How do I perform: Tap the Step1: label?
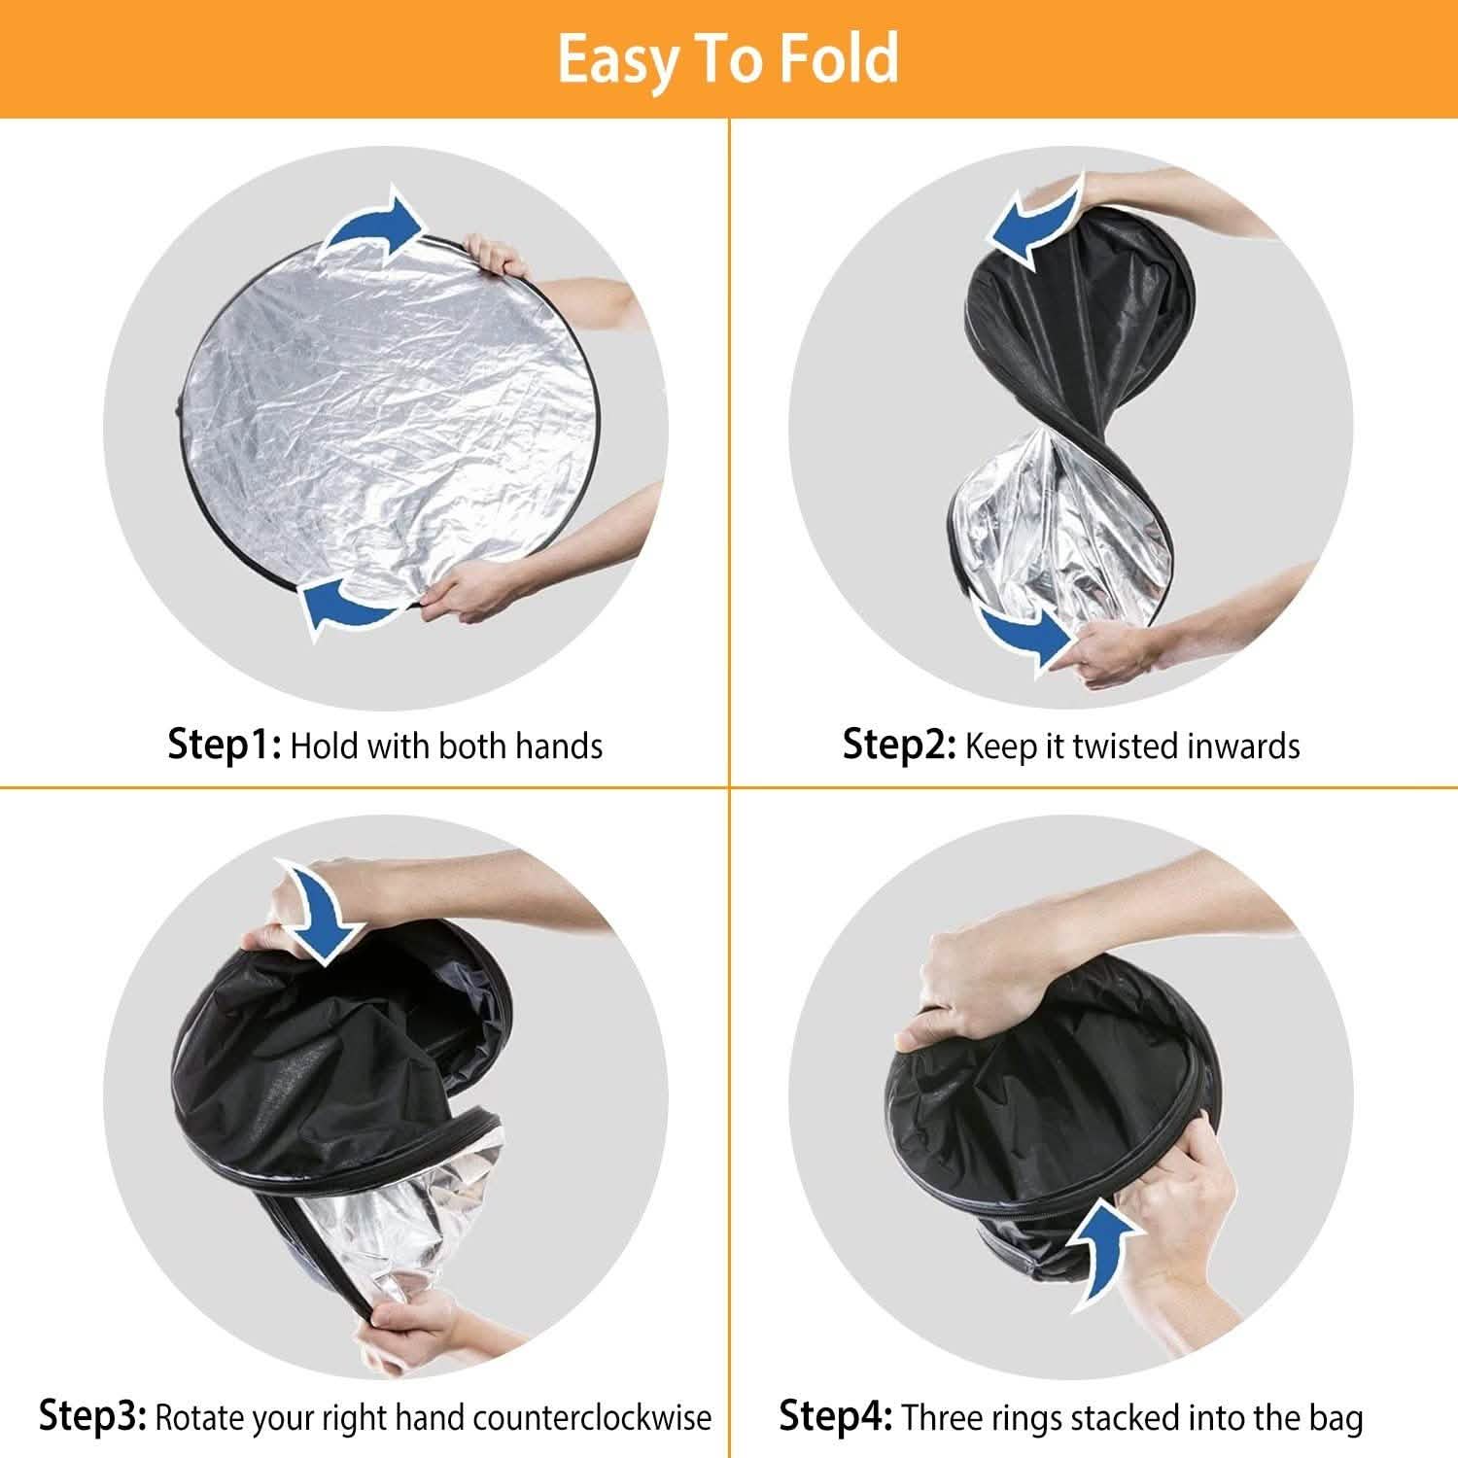(x=225, y=746)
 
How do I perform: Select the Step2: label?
(x=899, y=746)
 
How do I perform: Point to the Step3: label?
(x=92, y=1416)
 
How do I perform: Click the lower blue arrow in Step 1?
(x=350, y=605)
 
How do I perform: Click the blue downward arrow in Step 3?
(x=321, y=911)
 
